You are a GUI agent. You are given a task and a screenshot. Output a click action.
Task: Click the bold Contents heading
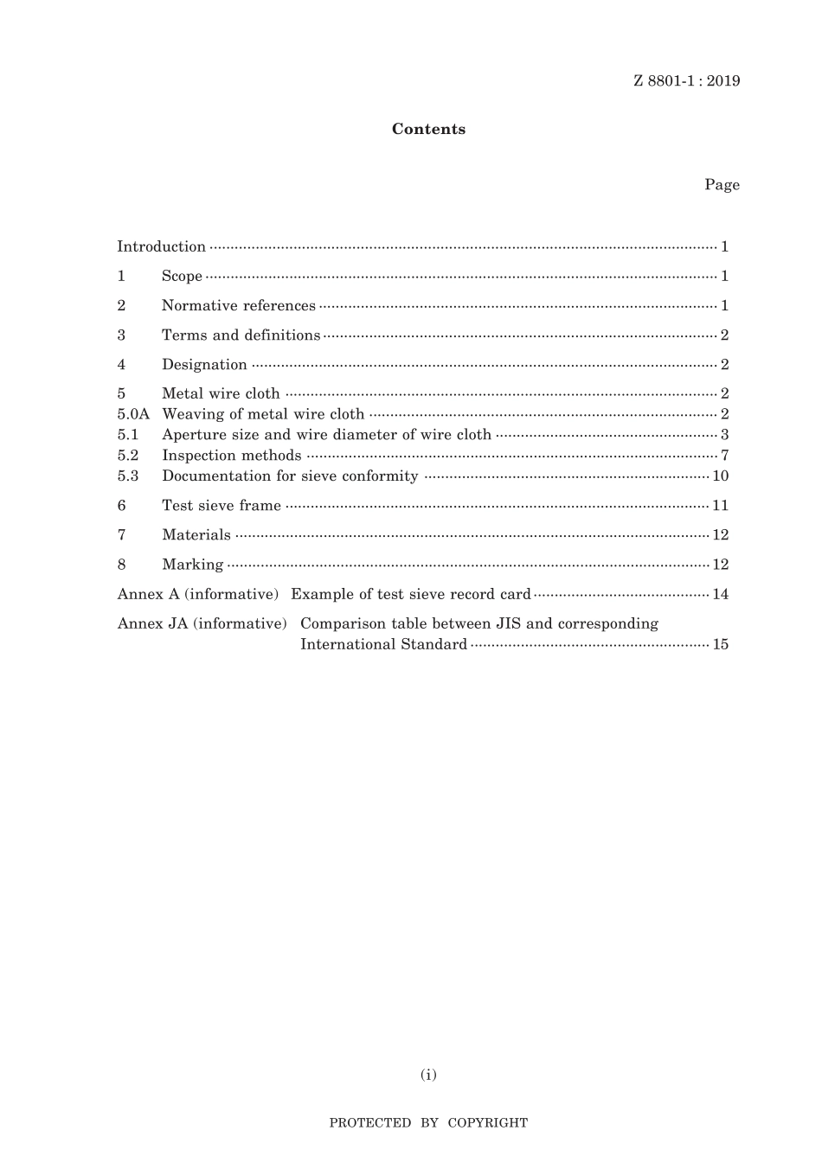[428, 130]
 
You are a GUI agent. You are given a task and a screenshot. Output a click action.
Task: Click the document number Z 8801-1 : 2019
[686, 81]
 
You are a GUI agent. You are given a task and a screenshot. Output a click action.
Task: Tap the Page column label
[722, 185]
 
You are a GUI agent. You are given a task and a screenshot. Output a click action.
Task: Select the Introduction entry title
[162, 247]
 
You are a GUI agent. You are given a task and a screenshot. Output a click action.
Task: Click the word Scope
[182, 277]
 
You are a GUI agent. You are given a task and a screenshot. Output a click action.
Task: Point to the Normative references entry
[238, 306]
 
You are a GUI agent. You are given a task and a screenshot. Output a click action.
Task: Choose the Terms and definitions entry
[241, 335]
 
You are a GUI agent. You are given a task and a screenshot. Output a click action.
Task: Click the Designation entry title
[204, 365]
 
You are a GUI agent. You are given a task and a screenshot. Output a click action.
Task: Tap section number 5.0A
[133, 414]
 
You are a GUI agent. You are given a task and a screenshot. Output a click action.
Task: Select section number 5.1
[128, 435]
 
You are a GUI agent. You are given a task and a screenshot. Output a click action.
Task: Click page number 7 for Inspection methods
[724, 456]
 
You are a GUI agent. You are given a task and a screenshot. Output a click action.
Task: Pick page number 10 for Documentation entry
[721, 476]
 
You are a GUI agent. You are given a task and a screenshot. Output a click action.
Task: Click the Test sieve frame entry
[222, 506]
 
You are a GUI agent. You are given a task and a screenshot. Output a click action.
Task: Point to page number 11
[721, 506]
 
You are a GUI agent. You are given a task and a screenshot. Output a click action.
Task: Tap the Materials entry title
[196, 535]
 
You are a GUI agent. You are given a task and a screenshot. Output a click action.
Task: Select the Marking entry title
[192, 565]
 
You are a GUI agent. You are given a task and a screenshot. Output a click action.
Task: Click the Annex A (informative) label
[198, 594]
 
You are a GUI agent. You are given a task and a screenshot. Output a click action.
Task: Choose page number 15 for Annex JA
[721, 644]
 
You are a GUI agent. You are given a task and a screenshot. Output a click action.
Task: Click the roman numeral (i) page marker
[428, 1075]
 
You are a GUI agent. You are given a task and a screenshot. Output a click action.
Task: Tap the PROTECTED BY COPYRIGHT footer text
[428, 1123]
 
